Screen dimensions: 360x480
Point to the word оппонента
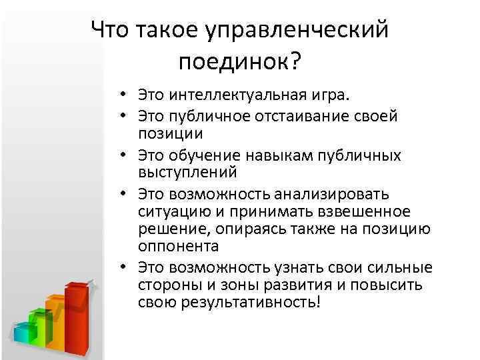179,246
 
